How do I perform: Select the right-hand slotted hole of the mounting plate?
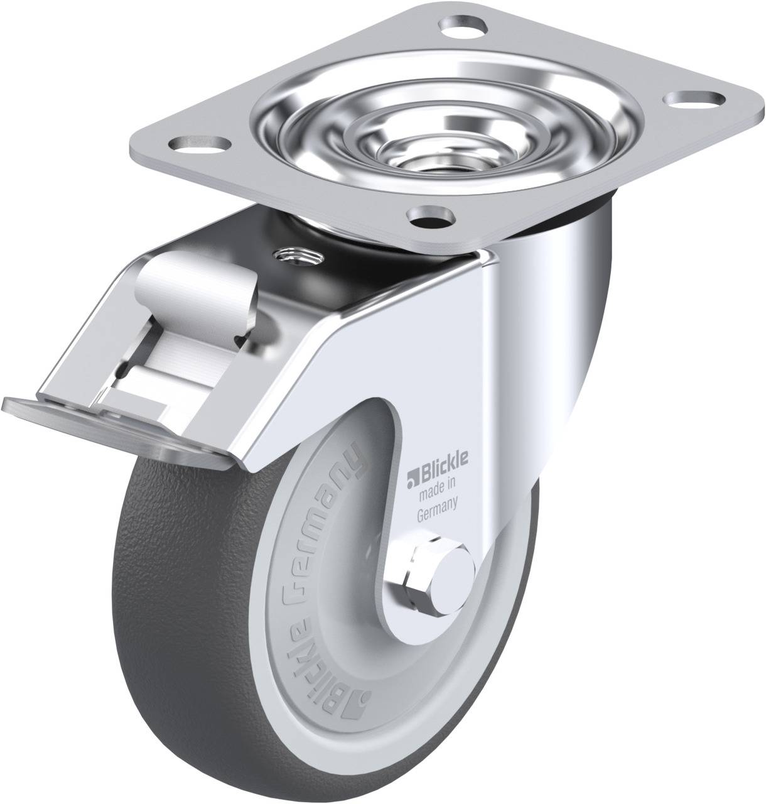click(694, 99)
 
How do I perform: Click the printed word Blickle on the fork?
click(441, 472)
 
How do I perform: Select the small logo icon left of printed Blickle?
click(413, 473)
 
